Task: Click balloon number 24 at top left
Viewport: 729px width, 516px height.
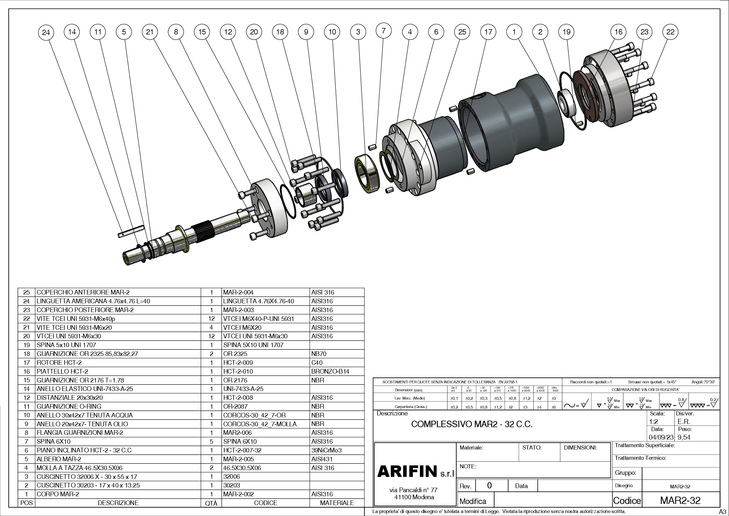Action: coord(46,32)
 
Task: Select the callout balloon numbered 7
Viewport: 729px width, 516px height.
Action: coord(383,31)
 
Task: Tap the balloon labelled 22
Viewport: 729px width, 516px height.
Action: coord(670,32)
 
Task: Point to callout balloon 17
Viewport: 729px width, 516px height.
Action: coord(488,32)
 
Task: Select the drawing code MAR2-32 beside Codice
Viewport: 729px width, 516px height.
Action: coord(680,500)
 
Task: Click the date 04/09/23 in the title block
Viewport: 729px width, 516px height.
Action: coord(661,437)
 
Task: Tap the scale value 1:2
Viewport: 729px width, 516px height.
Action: coord(654,422)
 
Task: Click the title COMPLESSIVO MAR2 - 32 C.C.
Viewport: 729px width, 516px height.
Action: coord(472,424)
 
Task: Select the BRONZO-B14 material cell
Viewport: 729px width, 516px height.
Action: coord(330,371)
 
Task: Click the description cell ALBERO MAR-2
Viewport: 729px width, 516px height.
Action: coord(59,459)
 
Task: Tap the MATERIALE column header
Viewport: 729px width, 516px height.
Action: coord(337,503)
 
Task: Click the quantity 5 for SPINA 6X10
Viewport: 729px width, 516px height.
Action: coord(212,441)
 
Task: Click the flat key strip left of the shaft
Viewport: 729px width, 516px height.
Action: coord(130,232)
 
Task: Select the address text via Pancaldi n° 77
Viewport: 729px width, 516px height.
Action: coord(413,490)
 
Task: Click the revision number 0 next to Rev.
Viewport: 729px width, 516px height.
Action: coord(489,485)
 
